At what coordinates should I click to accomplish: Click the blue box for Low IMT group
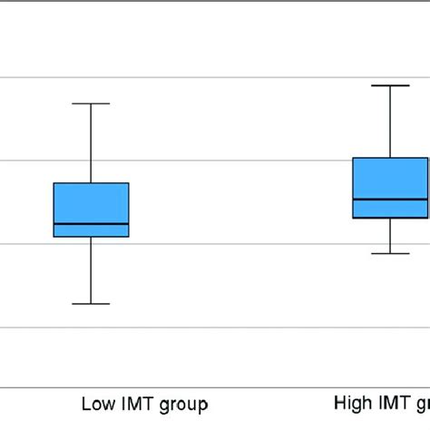[x=91, y=203]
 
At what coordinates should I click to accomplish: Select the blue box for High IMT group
[x=390, y=178]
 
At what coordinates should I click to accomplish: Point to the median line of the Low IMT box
[x=91, y=223]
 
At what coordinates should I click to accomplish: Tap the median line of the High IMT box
[x=390, y=199]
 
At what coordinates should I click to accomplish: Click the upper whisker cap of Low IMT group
[x=91, y=103]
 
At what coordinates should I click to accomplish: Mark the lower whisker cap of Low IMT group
[x=91, y=303]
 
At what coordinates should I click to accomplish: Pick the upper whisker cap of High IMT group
[x=390, y=85]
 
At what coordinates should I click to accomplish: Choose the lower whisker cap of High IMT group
[x=390, y=253]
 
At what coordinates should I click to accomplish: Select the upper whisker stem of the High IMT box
[x=390, y=122]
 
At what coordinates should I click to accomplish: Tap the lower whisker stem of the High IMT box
[x=390, y=236]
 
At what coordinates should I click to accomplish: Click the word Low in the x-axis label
[x=98, y=404]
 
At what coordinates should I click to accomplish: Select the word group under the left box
[x=185, y=405]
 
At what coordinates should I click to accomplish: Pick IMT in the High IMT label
[x=394, y=403]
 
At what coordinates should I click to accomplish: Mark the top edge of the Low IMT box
[x=91, y=183]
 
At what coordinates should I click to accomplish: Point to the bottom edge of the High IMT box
[x=390, y=218]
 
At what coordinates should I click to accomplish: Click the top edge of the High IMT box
[x=390, y=158]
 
